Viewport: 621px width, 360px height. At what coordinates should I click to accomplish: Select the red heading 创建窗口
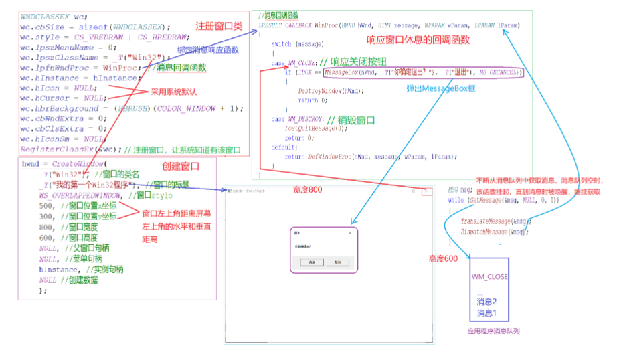point(180,165)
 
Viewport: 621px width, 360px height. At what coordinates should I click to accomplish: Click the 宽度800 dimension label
point(307,190)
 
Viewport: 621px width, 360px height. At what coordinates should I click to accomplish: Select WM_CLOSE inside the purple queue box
point(489,276)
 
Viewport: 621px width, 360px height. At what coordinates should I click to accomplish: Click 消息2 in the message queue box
point(486,302)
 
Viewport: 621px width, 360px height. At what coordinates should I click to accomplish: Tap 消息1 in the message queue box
point(486,313)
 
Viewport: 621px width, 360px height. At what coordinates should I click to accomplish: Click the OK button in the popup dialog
point(312,262)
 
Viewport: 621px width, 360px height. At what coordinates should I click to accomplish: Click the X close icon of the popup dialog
point(350,232)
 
